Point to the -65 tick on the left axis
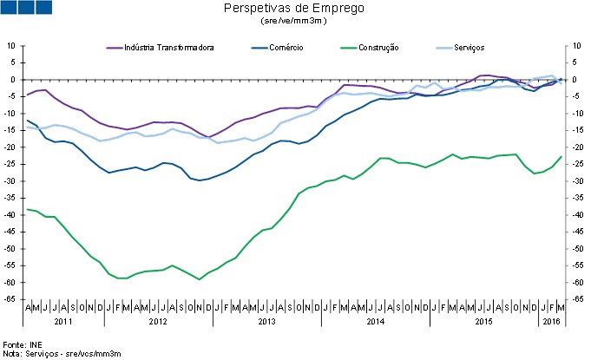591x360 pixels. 12,299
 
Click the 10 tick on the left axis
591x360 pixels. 13,45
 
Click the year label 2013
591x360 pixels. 266,323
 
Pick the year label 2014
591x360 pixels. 375,323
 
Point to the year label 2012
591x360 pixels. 158,323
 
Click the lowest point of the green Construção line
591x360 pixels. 200,279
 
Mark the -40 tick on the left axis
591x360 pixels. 12,214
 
